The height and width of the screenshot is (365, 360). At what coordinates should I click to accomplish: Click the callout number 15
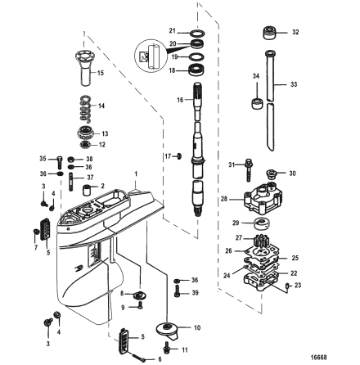point(101,73)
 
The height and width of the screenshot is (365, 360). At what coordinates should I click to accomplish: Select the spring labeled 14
point(84,104)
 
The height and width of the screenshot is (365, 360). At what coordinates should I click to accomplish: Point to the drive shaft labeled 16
point(198,139)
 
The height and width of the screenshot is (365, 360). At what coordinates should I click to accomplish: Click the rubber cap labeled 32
point(268,34)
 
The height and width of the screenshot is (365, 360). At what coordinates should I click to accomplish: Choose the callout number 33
point(295,83)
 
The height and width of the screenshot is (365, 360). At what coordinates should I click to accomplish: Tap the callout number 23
point(297,284)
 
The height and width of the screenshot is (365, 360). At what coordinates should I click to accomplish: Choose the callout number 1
point(137,173)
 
